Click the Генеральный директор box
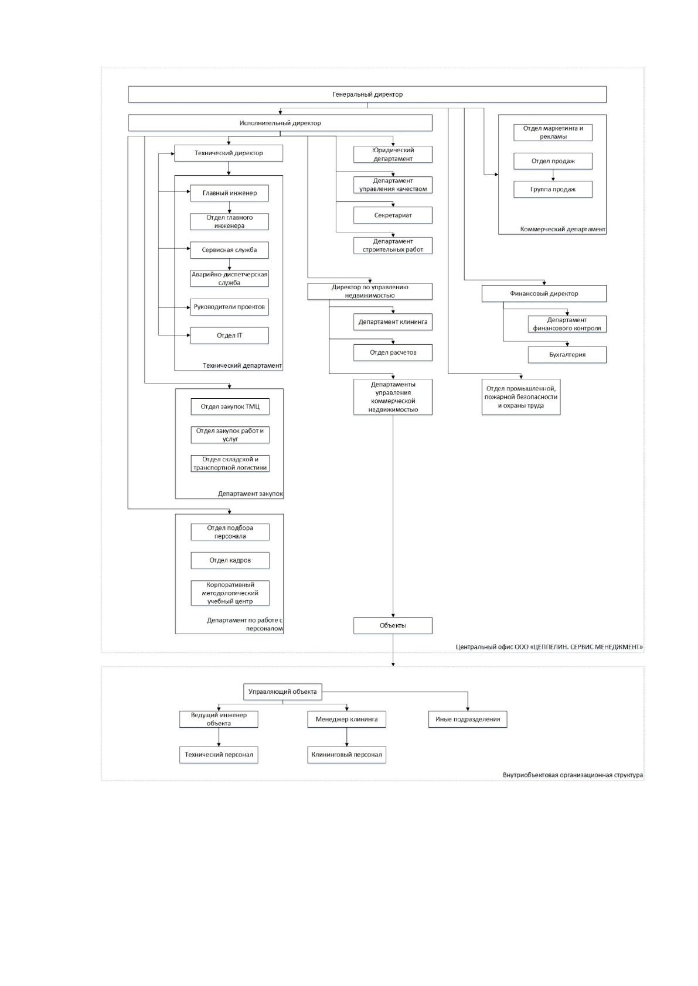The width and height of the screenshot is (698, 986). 367,94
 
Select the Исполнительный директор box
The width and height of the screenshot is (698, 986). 280,123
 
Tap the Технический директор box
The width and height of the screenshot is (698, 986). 228,153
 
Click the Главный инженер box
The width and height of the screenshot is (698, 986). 229,193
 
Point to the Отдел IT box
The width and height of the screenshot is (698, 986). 229,335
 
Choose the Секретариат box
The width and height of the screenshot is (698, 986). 393,215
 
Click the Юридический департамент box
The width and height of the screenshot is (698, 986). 393,155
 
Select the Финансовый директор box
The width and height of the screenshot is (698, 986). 544,293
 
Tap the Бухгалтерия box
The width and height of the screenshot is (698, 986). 567,355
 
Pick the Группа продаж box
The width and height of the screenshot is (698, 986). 553,189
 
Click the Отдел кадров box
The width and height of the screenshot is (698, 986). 230,560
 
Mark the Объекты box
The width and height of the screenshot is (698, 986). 393,625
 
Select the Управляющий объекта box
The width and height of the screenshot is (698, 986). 282,691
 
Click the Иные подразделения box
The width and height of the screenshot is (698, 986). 468,719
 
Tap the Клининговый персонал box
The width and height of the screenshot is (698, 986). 346,755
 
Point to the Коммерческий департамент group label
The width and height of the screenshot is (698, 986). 563,230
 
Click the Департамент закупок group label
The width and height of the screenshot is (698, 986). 250,494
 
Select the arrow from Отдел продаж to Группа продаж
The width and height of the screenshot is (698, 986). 553,175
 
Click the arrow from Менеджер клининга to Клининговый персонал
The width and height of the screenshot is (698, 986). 346,737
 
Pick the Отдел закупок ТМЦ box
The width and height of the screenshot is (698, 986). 230,407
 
